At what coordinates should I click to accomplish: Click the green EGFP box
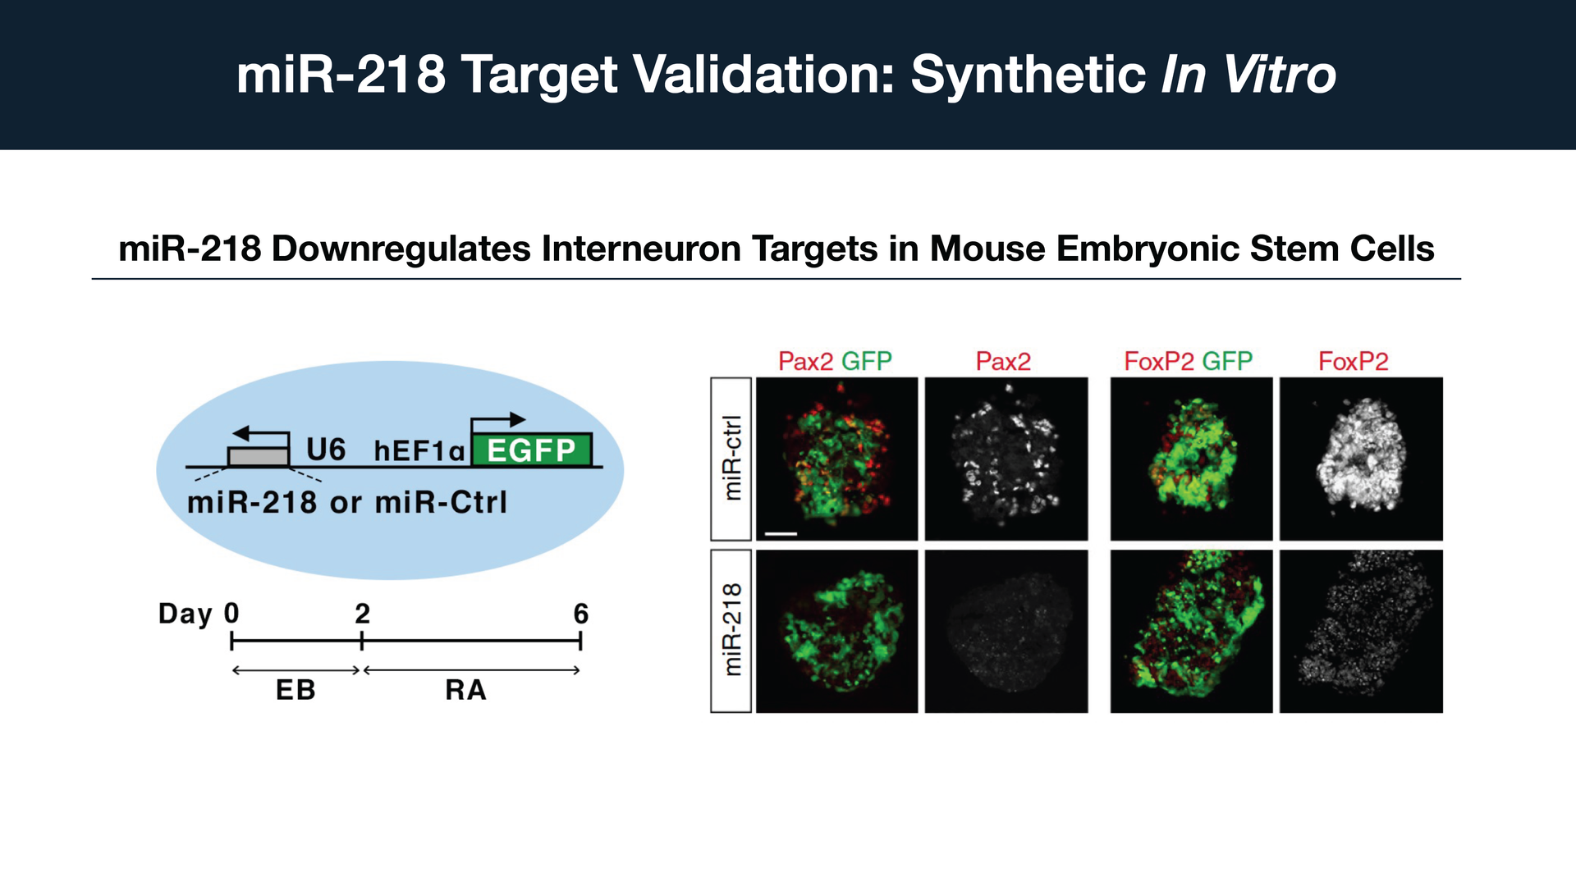coord(532,450)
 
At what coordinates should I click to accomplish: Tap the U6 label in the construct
coord(326,450)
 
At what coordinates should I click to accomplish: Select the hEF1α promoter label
coord(419,450)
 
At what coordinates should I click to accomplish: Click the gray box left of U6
coord(259,457)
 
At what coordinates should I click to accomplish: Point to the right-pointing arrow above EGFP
coord(498,420)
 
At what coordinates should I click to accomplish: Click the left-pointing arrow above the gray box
coord(261,433)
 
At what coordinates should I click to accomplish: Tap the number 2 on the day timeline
coord(362,614)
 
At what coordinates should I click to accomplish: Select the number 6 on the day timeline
coord(580,614)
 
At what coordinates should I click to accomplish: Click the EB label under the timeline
coord(295,690)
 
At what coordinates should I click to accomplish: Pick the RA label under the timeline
coord(466,690)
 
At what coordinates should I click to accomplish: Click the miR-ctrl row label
coord(731,458)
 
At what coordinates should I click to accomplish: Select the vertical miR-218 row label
coord(731,630)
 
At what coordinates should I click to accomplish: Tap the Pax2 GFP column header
coord(835,361)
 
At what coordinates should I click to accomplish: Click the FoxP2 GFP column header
coord(1188,361)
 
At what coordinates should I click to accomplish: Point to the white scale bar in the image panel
coord(781,534)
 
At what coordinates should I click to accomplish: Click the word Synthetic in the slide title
coord(1029,75)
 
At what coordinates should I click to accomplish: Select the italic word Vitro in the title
coord(1280,75)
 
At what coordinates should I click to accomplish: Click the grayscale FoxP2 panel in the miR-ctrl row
coord(1361,459)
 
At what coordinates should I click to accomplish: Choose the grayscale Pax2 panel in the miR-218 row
coord(1006,631)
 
